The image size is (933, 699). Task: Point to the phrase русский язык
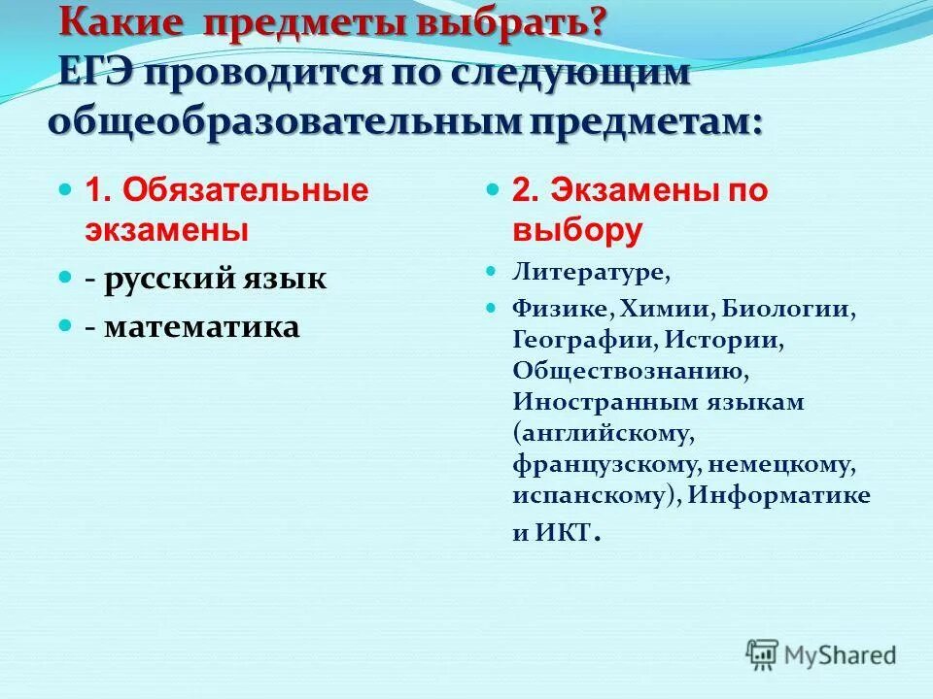pyautogui.click(x=216, y=280)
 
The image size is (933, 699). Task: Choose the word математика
pyautogui.click(x=202, y=327)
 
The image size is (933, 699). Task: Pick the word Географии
pyautogui.click(x=574, y=341)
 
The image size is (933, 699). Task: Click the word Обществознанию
pyautogui.click(x=631, y=372)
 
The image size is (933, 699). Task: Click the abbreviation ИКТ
pyautogui.click(x=564, y=532)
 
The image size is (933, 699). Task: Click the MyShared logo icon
pyautogui.click(x=764, y=653)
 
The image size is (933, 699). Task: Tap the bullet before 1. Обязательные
pyautogui.click(x=65, y=188)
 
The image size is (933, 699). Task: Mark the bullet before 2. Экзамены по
pyautogui.click(x=493, y=188)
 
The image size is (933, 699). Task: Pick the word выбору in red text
pyautogui.click(x=578, y=231)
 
